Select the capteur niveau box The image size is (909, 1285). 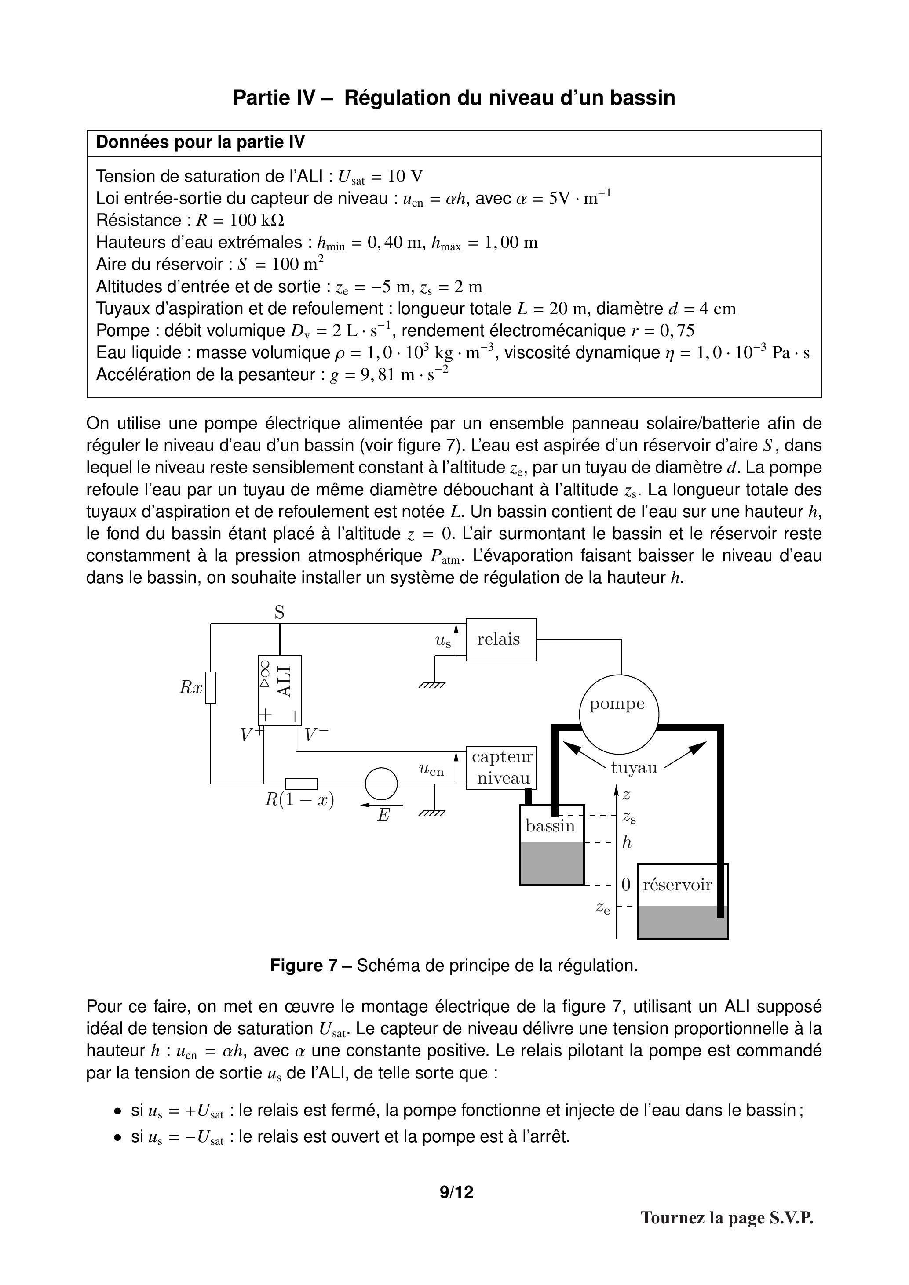[501, 767]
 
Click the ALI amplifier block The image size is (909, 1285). [280, 690]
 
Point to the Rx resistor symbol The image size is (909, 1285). [211, 687]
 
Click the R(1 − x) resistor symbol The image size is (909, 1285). [301, 784]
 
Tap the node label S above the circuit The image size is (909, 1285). [279, 613]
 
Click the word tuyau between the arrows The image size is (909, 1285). [633, 767]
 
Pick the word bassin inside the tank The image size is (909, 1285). [550, 826]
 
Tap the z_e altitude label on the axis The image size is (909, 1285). [602, 908]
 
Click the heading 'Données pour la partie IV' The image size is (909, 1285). [201, 142]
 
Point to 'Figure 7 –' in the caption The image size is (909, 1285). [311, 966]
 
